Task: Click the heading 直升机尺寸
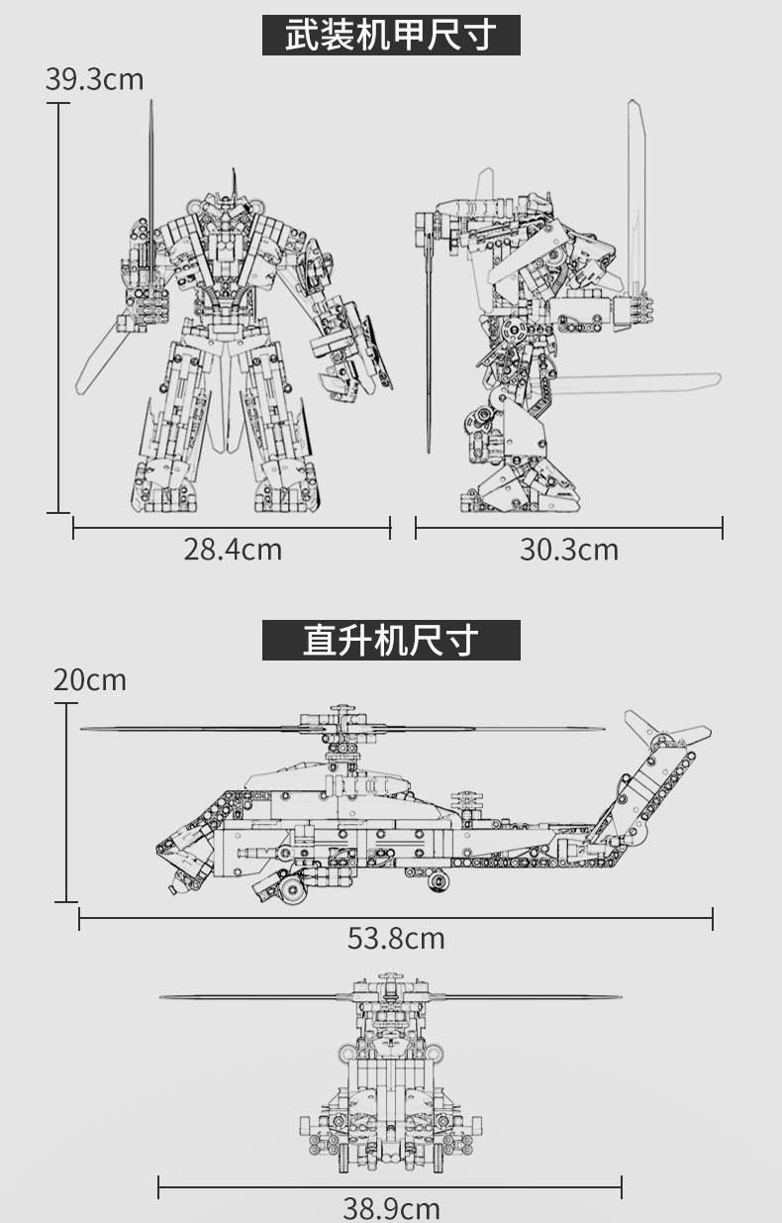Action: pyautogui.click(x=391, y=640)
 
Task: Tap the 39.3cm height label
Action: pyautogui.click(x=94, y=79)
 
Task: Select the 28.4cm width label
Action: pyautogui.click(x=233, y=549)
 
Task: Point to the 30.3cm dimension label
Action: pyautogui.click(x=569, y=549)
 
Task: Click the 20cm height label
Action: pyautogui.click(x=90, y=680)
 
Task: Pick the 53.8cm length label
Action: pyautogui.click(x=396, y=938)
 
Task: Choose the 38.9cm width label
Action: pyautogui.click(x=391, y=1207)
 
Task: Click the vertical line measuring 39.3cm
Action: pyautogui.click(x=58, y=307)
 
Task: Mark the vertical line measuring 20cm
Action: pyautogui.click(x=66, y=802)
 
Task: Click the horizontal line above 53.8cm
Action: pyautogui.click(x=396, y=918)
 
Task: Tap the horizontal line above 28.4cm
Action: pyautogui.click(x=232, y=527)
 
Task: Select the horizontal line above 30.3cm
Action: pyautogui.click(x=569, y=527)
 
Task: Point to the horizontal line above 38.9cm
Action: pyautogui.click(x=390, y=1186)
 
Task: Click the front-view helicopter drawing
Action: pyautogui.click(x=390, y=1070)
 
